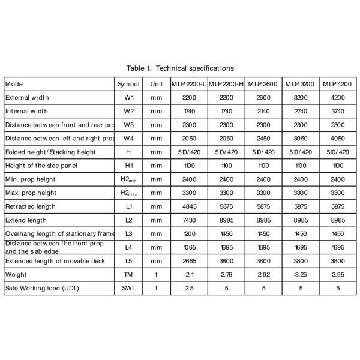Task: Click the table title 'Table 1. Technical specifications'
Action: click(x=180, y=68)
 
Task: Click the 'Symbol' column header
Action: click(x=128, y=84)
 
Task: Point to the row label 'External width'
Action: click(x=27, y=97)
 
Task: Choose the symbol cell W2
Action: click(x=128, y=111)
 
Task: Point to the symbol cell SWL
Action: click(x=128, y=289)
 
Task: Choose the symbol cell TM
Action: click(x=128, y=275)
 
